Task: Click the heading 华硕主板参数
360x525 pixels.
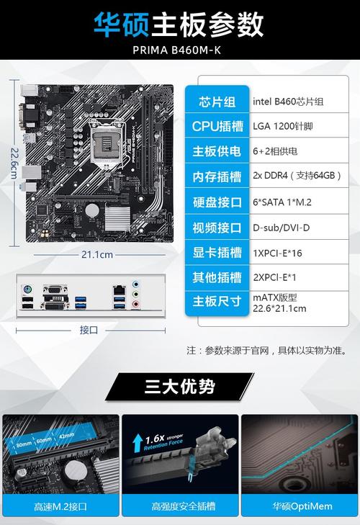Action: click(179, 26)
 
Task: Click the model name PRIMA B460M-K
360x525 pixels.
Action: click(179, 51)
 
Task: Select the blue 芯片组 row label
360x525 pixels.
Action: click(217, 102)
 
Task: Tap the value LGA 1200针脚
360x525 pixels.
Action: click(282, 127)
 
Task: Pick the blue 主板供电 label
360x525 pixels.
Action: click(217, 151)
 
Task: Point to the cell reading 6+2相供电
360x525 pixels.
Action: click(274, 151)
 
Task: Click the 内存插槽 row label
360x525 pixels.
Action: click(217, 176)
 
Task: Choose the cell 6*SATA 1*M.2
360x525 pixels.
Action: click(282, 202)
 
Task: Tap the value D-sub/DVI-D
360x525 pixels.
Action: click(281, 228)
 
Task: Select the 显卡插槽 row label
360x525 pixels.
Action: click(217, 252)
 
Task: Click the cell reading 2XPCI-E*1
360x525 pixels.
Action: click(274, 277)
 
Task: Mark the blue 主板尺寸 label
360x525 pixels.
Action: click(217, 301)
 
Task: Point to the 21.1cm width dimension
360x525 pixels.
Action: click(97, 254)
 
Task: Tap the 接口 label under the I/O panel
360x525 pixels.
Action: click(89, 330)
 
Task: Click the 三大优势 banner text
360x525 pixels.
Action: click(179, 387)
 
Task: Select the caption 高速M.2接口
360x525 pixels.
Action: click(60, 507)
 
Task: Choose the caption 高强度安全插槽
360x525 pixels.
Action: click(179, 507)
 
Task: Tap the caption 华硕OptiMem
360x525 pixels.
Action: click(299, 507)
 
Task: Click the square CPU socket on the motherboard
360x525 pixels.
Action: click(110, 129)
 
